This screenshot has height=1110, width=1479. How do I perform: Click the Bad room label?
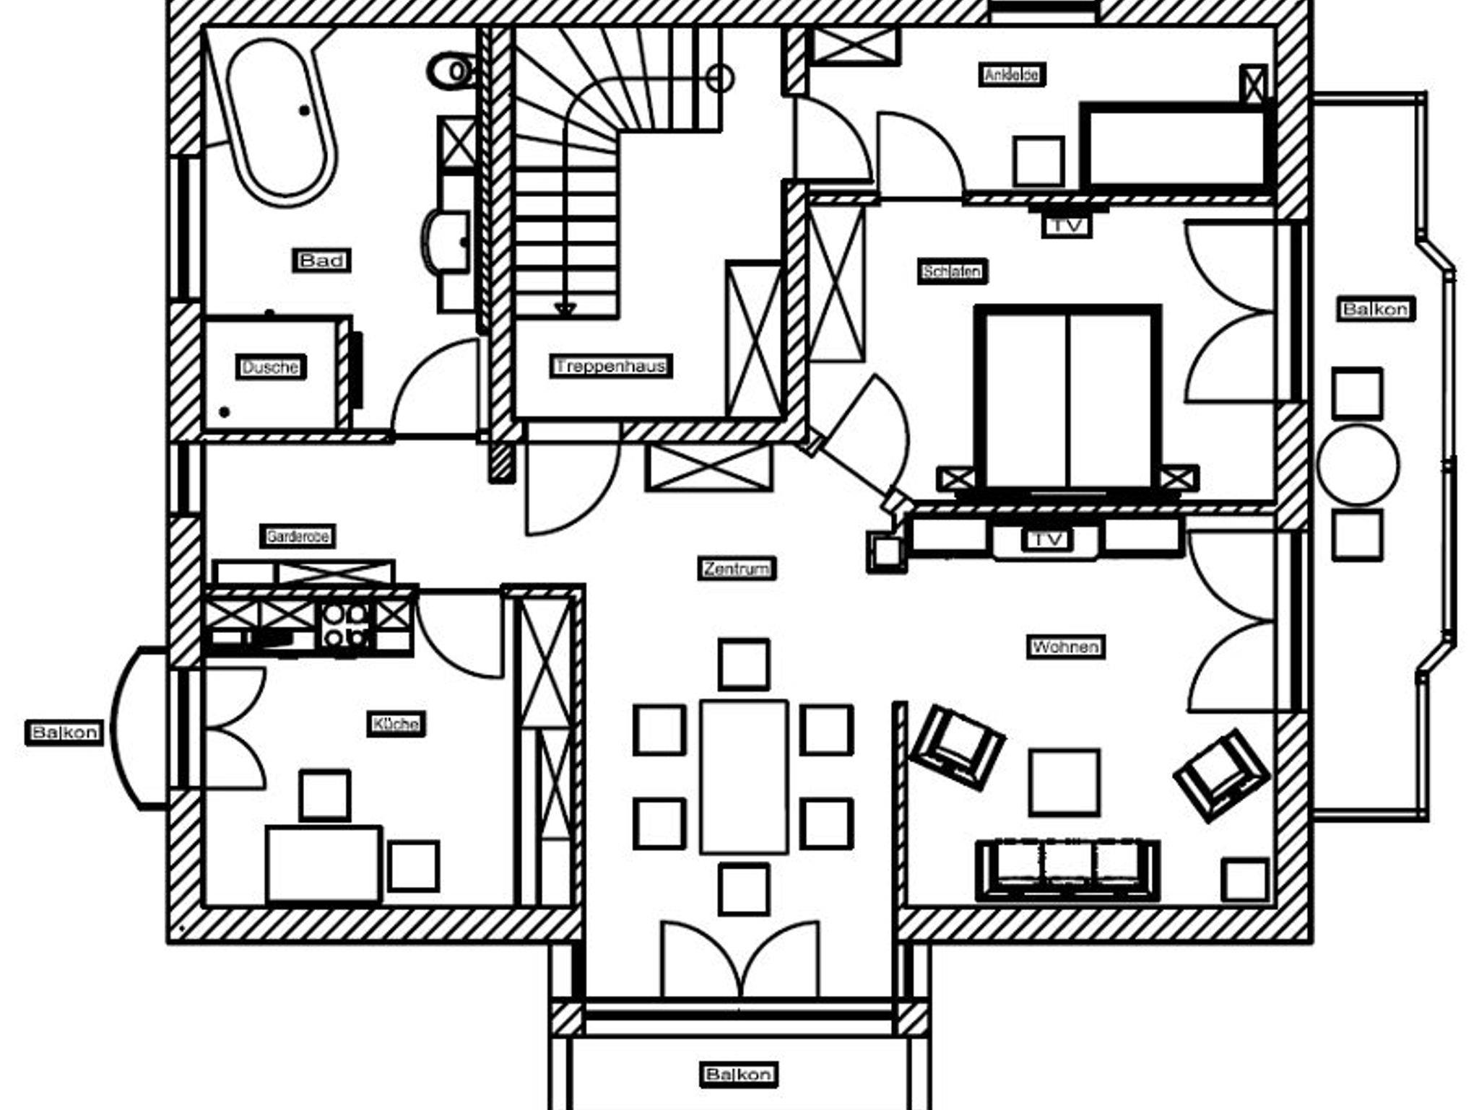pyautogui.click(x=321, y=261)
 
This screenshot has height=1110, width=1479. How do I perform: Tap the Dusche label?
pyautogui.click(x=271, y=367)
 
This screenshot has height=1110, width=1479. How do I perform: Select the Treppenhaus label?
pyautogui.click(x=611, y=367)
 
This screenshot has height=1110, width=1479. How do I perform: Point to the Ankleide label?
pyautogui.click(x=1012, y=74)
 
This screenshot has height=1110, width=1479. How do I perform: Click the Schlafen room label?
pyautogui.click(x=953, y=272)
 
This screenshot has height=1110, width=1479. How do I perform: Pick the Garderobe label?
pyautogui.click(x=298, y=537)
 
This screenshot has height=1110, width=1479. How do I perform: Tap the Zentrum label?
pyautogui.click(x=737, y=569)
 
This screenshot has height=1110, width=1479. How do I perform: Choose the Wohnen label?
pyautogui.click(x=1066, y=647)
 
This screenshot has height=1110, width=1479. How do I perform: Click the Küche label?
pyautogui.click(x=396, y=723)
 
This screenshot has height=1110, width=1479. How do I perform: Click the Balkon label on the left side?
pyautogui.click(x=64, y=733)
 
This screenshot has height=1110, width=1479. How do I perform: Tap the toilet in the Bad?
pyautogui.click(x=449, y=71)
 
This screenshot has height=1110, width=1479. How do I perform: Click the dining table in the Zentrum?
pyautogui.click(x=743, y=777)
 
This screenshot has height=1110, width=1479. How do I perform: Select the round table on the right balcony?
pyautogui.click(x=1358, y=464)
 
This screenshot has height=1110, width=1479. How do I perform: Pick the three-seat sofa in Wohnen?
pyautogui.click(x=1067, y=870)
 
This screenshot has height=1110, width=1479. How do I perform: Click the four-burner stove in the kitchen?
pyautogui.click(x=345, y=624)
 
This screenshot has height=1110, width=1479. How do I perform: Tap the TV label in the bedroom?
pyautogui.click(x=1067, y=225)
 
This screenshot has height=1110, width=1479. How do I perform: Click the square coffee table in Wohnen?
pyautogui.click(x=1064, y=782)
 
